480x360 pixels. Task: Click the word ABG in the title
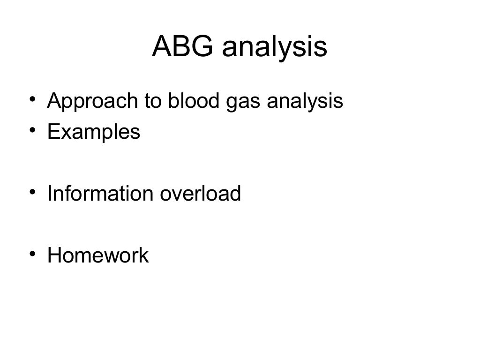182,47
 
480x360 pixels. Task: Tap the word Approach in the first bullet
89,102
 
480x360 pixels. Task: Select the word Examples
94,132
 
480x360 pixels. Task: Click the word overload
200,194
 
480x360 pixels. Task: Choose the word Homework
98,255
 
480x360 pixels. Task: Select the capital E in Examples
53,132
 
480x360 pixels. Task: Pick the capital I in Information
50,194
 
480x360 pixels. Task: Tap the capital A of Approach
53,101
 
